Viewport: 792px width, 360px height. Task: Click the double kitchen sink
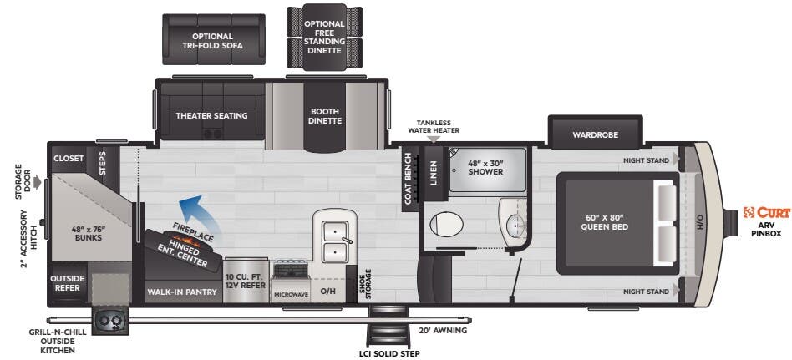pos(335,239)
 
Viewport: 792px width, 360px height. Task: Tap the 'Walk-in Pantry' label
pos(183,292)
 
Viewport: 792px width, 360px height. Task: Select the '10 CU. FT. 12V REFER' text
pos(246,280)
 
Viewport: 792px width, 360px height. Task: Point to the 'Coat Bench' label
pos(409,178)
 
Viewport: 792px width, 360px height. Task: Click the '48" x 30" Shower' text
pos(485,166)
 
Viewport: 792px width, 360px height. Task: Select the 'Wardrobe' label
pos(594,134)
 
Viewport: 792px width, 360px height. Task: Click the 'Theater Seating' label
pos(211,115)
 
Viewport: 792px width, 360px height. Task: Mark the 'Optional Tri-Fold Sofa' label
pos(212,41)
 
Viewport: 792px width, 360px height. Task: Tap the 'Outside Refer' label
pos(68,284)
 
